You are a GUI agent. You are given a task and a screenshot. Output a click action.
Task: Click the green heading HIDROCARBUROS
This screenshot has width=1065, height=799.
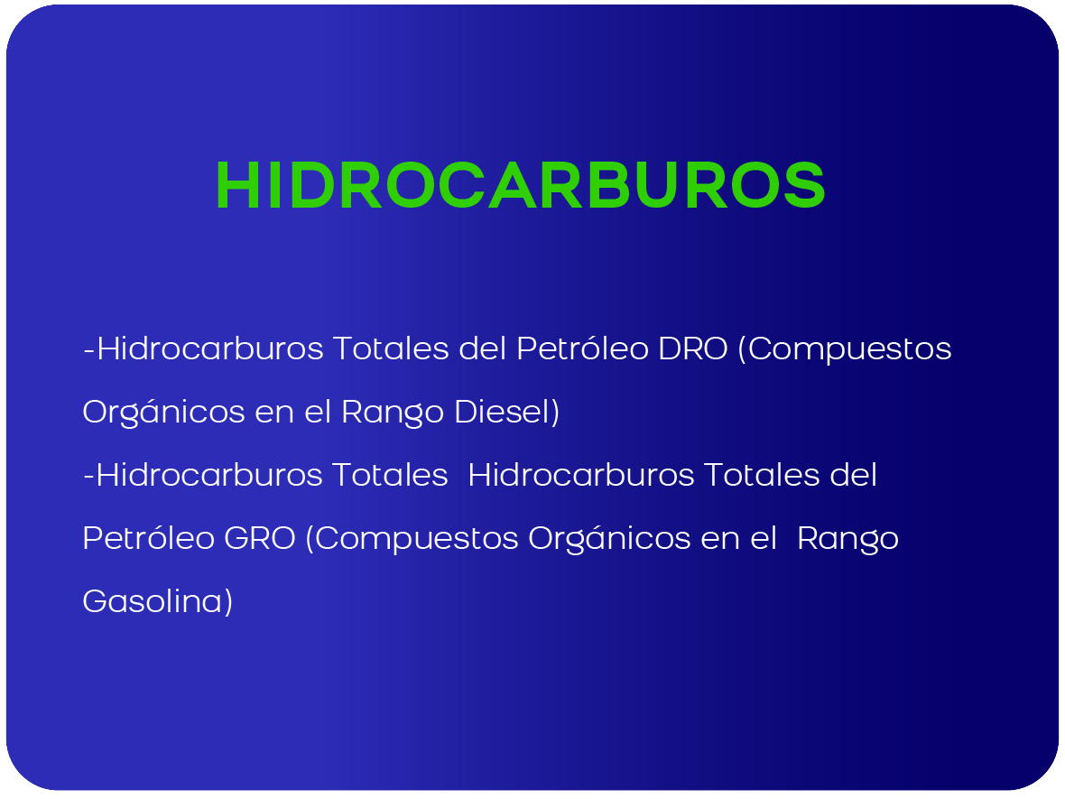[520, 185]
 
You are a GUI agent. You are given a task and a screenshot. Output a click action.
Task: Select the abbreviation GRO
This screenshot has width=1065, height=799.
[259, 538]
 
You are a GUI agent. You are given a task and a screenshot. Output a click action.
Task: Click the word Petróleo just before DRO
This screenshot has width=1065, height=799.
[582, 348]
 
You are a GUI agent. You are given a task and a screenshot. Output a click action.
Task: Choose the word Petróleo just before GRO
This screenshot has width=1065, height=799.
[149, 538]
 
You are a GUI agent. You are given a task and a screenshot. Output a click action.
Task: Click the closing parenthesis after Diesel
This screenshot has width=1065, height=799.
[555, 413]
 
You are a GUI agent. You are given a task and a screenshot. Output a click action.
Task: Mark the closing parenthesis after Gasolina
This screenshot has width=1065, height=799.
[228, 602]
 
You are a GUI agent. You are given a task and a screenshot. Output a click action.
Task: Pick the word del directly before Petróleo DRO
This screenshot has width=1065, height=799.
[483, 348]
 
